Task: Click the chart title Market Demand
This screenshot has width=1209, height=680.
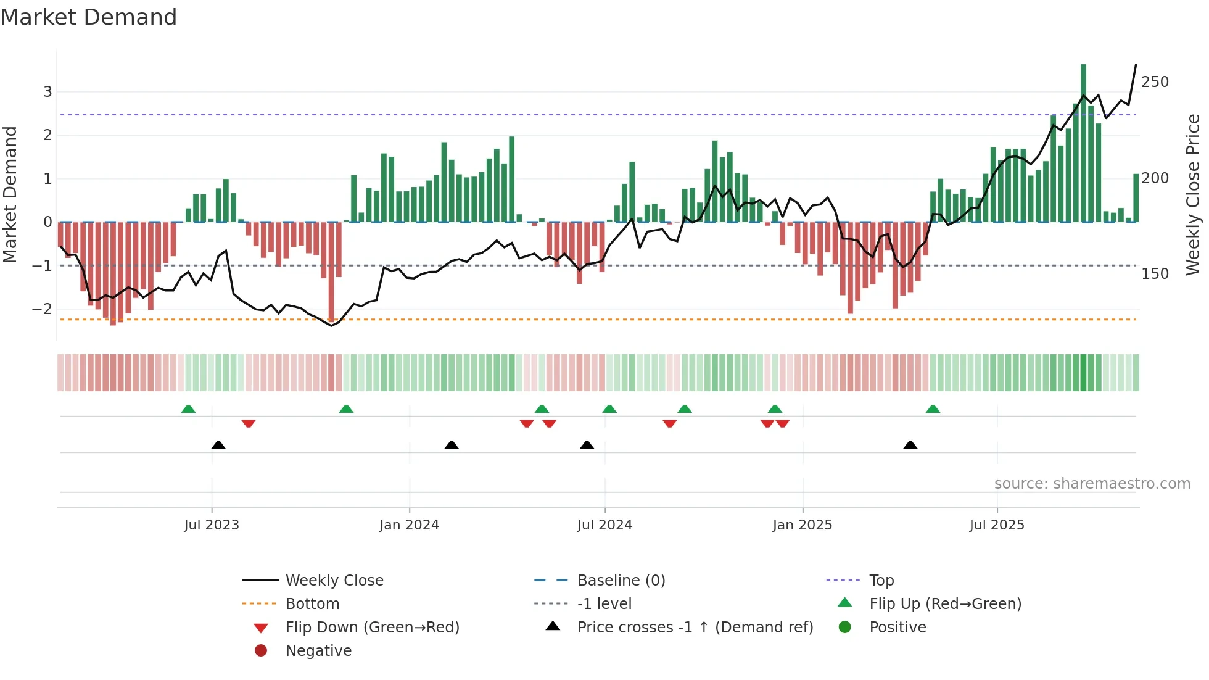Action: click(89, 17)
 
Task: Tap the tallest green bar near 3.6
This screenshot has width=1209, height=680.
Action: click(1083, 142)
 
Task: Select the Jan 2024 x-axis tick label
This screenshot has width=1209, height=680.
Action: click(409, 525)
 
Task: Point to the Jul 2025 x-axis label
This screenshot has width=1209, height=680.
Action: click(996, 525)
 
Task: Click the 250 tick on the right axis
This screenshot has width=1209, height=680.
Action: click(1155, 82)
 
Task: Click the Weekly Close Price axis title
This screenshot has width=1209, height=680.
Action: click(1193, 194)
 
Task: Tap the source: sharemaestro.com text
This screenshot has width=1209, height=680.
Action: click(1092, 484)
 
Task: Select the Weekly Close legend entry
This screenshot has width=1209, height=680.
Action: click(334, 581)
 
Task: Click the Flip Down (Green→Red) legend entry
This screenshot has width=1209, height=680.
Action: click(372, 628)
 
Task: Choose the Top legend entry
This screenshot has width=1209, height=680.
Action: click(881, 581)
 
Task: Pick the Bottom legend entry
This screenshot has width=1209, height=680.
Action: click(312, 604)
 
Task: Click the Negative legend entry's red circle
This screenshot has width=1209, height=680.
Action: click(261, 651)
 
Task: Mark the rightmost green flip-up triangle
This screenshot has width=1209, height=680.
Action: click(933, 409)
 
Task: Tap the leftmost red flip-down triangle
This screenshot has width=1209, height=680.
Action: click(249, 423)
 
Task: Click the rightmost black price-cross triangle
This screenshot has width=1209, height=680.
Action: click(910, 445)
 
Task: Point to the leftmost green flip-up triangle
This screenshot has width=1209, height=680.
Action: click(188, 409)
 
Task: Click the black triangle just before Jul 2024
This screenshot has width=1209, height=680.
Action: click(587, 445)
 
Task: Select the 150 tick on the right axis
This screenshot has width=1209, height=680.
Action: click(1155, 274)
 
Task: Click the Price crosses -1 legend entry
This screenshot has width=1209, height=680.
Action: click(695, 628)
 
